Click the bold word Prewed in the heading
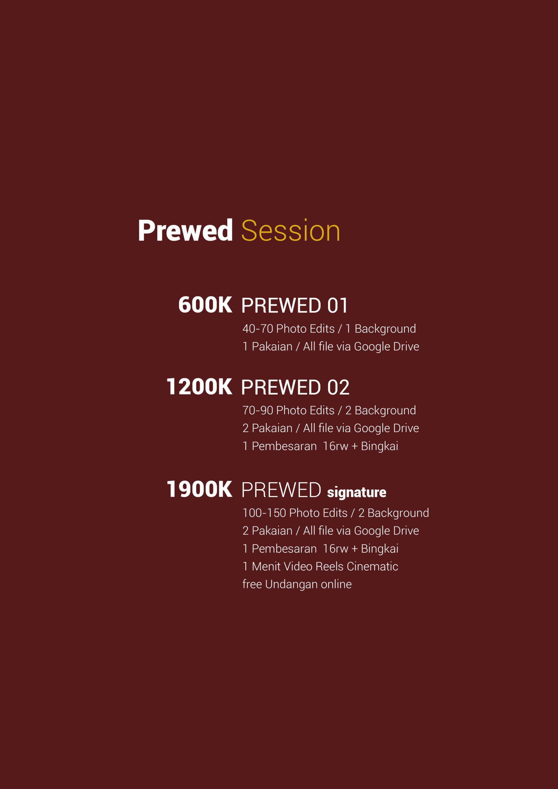click(185, 230)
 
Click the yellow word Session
click(290, 230)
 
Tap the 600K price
click(205, 305)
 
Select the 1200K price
click(199, 386)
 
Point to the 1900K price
click(199, 489)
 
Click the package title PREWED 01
click(295, 305)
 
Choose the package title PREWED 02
click(295, 387)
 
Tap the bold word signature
click(356, 493)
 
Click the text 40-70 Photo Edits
click(289, 329)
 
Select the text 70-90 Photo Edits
click(289, 410)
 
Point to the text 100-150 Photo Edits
click(295, 513)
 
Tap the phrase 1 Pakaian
click(268, 346)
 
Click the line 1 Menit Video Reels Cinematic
click(320, 566)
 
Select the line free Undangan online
click(297, 584)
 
